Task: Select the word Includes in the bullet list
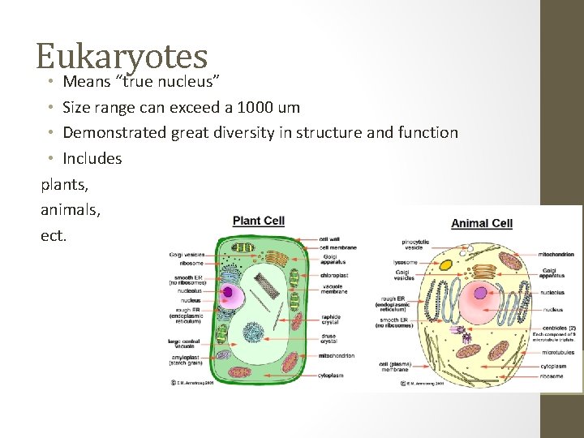92,158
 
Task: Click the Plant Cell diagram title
259,221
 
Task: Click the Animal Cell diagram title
482,223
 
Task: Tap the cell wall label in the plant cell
329,239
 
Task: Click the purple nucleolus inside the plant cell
228,293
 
